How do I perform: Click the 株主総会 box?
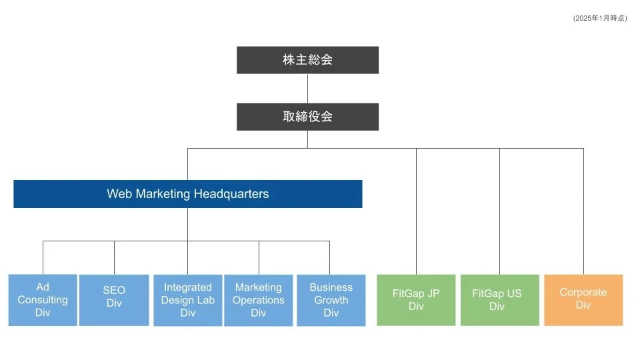[307, 60]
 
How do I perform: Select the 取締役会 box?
[307, 117]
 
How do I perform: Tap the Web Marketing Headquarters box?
[187, 194]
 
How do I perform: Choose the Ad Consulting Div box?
[43, 300]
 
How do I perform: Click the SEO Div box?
[114, 300]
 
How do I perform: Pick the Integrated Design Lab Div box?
[187, 300]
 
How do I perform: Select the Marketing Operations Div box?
[259, 300]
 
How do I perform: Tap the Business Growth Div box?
[331, 300]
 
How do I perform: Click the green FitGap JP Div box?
[416, 300]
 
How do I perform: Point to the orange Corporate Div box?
[583, 300]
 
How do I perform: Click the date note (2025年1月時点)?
[600, 18]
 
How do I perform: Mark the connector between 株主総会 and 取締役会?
[307, 88]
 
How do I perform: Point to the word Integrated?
[187, 287]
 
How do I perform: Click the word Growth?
[331, 300]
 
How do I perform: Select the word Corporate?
[583, 292]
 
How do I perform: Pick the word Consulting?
[43, 300]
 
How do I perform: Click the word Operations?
[259, 300]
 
